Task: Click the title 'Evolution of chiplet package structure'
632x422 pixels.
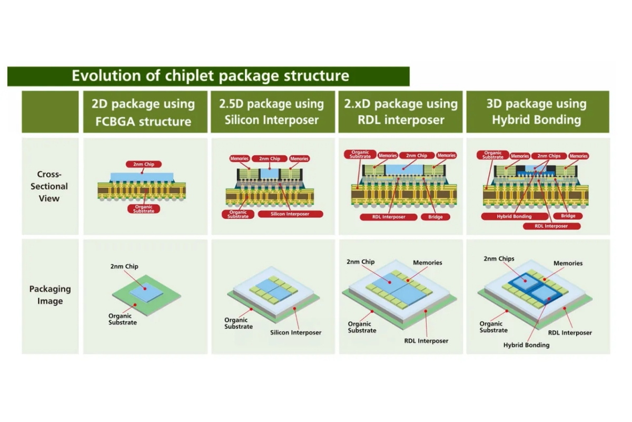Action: (x=210, y=76)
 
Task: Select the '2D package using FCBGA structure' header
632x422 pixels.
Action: (x=144, y=112)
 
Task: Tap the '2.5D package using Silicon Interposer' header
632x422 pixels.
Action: (x=272, y=112)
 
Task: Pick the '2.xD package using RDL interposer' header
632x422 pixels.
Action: (x=400, y=112)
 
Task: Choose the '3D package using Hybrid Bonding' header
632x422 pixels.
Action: (x=537, y=112)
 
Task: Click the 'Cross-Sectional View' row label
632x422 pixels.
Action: (x=49, y=186)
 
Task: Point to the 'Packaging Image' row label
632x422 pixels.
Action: (x=50, y=295)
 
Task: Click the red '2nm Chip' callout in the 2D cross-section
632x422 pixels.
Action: (x=143, y=164)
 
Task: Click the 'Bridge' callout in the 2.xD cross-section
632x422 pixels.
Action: (x=436, y=217)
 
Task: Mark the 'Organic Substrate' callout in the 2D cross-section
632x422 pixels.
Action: (x=144, y=209)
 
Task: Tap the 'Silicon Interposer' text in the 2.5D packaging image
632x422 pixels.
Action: (x=295, y=332)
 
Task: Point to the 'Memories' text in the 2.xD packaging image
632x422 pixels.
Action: (x=427, y=263)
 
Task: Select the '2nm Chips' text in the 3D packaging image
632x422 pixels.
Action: (x=499, y=259)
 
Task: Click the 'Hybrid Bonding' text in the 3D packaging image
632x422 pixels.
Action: (x=526, y=345)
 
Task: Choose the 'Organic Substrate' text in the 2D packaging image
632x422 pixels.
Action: (x=123, y=319)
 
